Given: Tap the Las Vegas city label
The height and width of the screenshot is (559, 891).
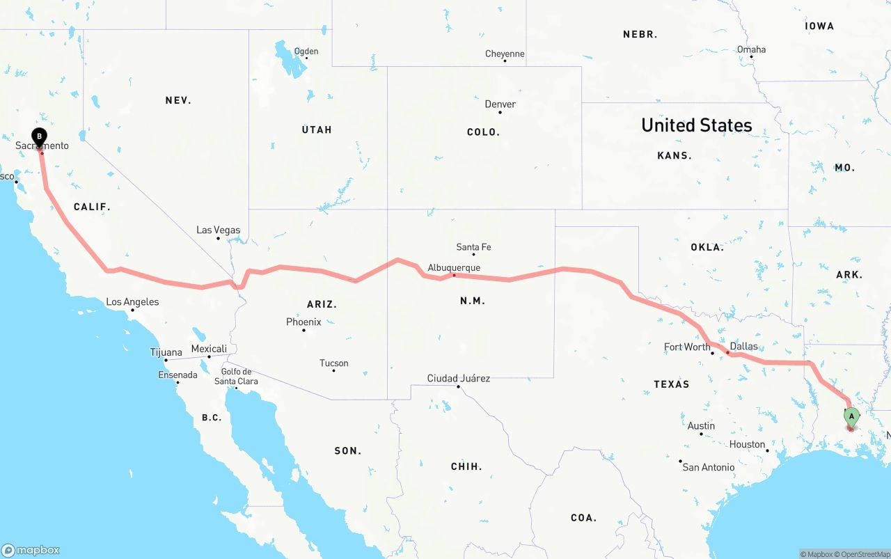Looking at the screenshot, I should point(218,230).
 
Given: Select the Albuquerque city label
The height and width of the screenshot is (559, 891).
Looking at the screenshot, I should point(454,268).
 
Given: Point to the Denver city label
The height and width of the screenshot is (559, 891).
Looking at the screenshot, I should point(500,104).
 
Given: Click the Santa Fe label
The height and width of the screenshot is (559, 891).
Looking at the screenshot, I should point(473,247).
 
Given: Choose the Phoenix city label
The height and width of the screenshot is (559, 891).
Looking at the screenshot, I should point(303,322).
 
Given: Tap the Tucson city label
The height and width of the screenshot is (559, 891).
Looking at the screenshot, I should point(333,363).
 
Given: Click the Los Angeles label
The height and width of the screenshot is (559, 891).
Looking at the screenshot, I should point(132,302).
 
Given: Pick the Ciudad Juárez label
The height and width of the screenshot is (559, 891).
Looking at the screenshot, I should point(458,379).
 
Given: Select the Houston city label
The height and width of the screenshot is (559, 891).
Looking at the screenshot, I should point(747,445).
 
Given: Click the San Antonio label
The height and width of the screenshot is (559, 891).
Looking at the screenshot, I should point(708,467).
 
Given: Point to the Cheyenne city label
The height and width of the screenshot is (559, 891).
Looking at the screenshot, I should point(505,54).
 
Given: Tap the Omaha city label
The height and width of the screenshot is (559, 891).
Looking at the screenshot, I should point(751,49).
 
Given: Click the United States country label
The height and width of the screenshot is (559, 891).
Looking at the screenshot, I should point(696,125).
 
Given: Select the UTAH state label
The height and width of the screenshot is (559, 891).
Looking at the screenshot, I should point(317,129).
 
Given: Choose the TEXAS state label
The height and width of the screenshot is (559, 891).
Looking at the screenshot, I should point(671,384).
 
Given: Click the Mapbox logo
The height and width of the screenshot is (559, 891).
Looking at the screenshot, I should point(31,550).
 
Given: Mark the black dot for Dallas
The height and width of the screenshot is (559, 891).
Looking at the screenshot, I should point(727,353).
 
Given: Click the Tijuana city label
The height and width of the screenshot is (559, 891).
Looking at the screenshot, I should point(166,353).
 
